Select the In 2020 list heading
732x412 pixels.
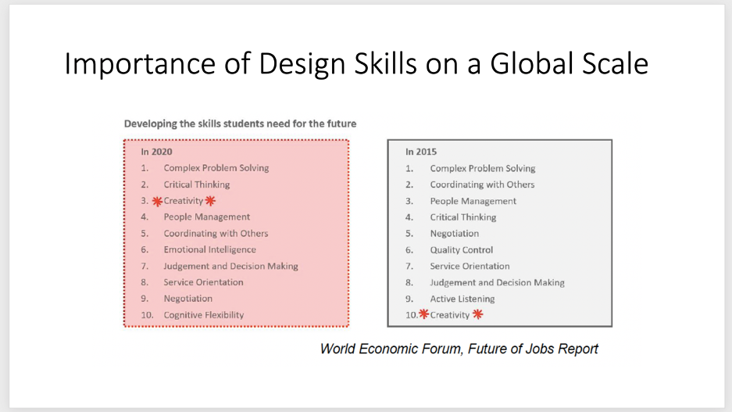(x=156, y=152)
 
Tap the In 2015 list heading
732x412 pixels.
(x=421, y=152)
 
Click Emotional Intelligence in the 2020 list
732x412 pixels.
(x=209, y=249)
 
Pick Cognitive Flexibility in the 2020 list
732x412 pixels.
(x=204, y=315)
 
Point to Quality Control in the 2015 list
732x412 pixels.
(x=461, y=250)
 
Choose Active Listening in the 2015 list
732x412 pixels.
(x=462, y=299)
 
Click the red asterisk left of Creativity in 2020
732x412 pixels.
(x=157, y=202)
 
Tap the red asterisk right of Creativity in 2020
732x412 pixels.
(x=211, y=201)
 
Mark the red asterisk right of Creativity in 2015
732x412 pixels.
(x=477, y=314)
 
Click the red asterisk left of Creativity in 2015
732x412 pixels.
(x=423, y=314)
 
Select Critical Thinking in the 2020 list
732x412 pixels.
(x=197, y=185)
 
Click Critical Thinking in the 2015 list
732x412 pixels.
(x=463, y=217)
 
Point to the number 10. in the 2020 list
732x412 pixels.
(x=147, y=315)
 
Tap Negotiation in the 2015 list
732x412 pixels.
(x=454, y=234)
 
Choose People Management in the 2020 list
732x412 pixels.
(x=206, y=217)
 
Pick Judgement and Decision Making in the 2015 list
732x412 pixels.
(x=497, y=282)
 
